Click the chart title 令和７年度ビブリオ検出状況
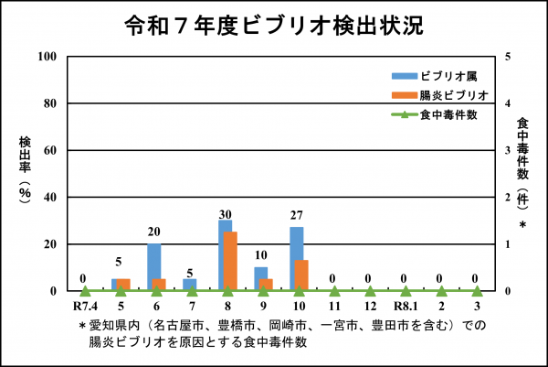[x=273, y=25]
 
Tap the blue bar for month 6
[x=153, y=266]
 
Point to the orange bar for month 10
[x=302, y=275]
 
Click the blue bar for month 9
[x=260, y=278]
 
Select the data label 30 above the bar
[x=225, y=214]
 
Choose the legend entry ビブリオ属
[x=444, y=74]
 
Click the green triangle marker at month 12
[x=369, y=291]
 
